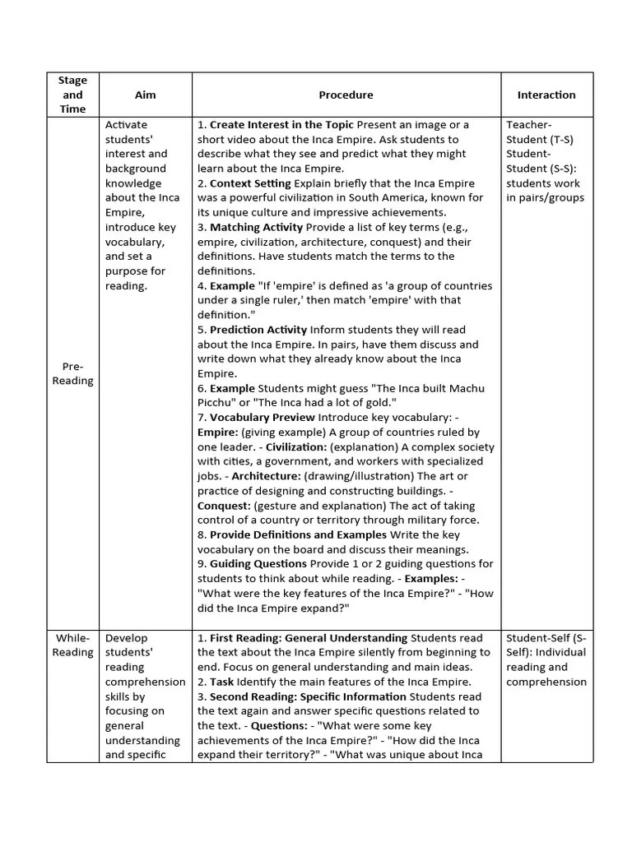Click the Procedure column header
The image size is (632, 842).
(x=346, y=95)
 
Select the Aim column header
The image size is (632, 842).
(x=145, y=95)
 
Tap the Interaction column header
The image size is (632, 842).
(x=546, y=95)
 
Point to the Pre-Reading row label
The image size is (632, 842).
(x=72, y=373)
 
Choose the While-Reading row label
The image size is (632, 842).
(x=72, y=645)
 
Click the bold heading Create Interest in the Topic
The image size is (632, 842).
(x=281, y=125)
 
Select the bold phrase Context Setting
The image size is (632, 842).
(x=250, y=183)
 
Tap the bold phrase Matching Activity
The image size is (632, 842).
(x=256, y=227)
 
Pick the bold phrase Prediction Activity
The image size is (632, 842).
(x=258, y=330)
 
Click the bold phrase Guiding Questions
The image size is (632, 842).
(x=258, y=564)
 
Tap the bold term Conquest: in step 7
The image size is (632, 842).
(x=224, y=506)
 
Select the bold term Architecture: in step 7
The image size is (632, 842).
(x=267, y=476)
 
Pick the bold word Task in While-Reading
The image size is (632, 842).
(x=222, y=682)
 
